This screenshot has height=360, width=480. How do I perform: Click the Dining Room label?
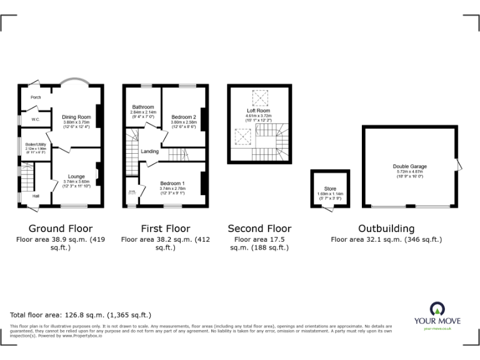[76, 117]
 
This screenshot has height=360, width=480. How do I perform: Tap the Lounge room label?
[76, 176]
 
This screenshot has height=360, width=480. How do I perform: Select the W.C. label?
[28, 121]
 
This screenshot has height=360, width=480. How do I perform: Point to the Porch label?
[36, 97]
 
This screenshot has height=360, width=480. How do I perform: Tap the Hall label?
[36, 196]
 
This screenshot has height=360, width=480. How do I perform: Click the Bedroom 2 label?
[184, 117]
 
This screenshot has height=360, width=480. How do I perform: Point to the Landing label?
[149, 151]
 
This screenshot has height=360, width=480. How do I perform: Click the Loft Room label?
[257, 111]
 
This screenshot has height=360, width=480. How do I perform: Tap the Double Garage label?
[410, 166]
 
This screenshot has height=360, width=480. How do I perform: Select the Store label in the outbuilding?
[330, 188]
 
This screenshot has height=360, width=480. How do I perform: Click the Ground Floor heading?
[61, 229]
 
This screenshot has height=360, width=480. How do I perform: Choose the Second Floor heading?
[259, 229]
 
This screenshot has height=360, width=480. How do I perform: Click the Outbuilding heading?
[386, 229]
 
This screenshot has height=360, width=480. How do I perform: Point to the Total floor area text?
[81, 315]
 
